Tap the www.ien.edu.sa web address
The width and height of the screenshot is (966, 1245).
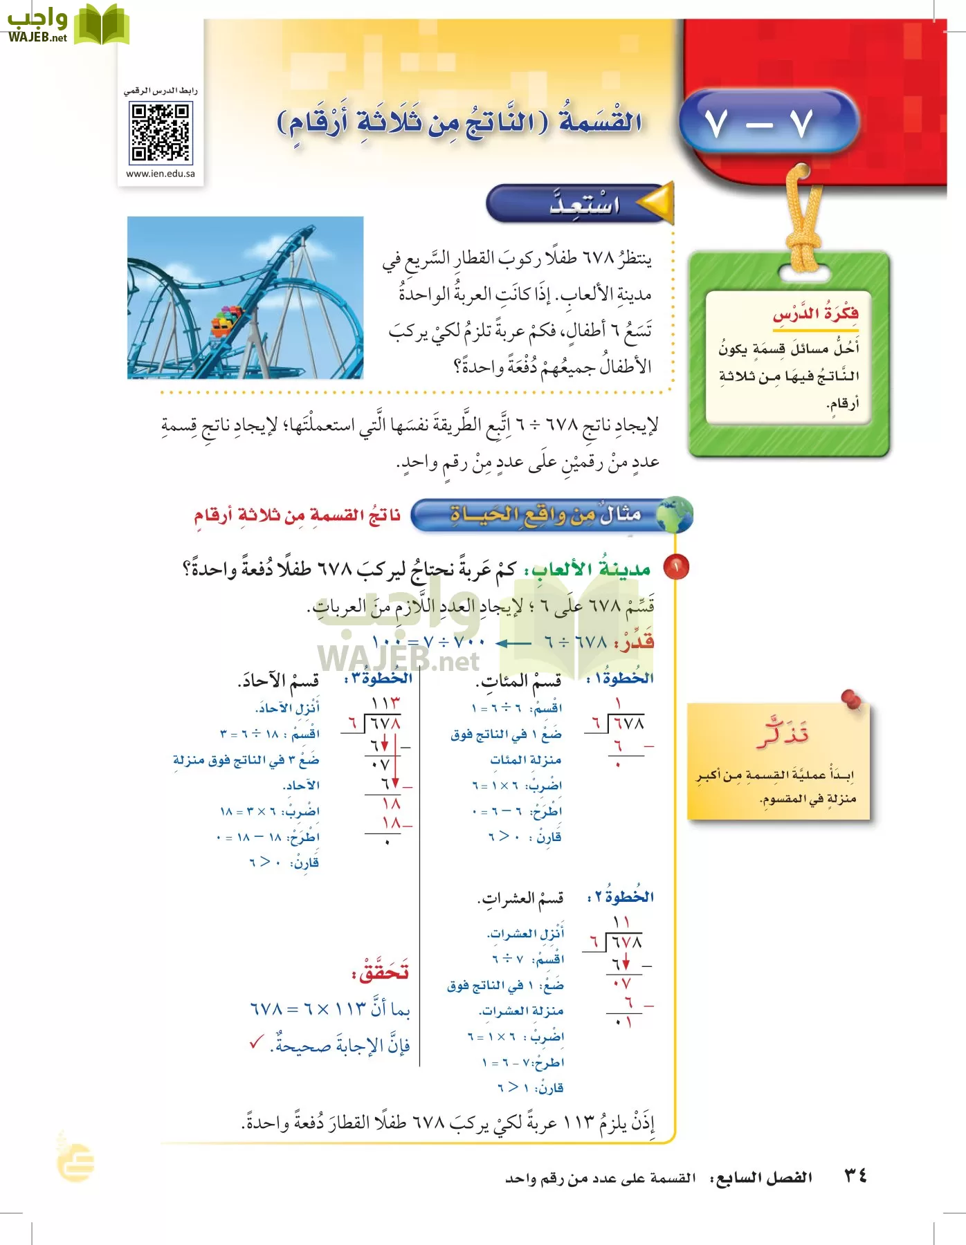tap(161, 174)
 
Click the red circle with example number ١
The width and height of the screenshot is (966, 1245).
tap(675, 567)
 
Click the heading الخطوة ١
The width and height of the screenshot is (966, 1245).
tap(620, 678)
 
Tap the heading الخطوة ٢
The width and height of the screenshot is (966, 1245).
tap(620, 897)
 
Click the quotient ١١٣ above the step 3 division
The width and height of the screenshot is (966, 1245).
tap(385, 703)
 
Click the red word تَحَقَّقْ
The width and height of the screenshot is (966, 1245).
tap(380, 972)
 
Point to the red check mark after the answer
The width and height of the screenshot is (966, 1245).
tap(257, 1042)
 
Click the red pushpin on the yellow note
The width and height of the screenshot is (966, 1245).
tap(852, 700)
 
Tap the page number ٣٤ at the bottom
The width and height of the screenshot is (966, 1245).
tap(855, 1175)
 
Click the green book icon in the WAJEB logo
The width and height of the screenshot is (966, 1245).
tap(102, 24)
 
